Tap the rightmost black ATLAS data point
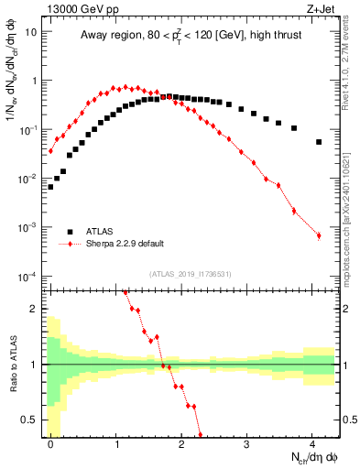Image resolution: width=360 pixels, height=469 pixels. [x=319, y=142]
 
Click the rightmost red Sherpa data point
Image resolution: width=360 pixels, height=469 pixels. [x=319, y=235]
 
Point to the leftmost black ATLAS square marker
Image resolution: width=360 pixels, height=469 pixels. [x=50, y=186]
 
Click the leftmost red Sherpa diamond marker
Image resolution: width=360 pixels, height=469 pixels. [x=50, y=151]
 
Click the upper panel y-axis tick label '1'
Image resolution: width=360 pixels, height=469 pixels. [x=35, y=81]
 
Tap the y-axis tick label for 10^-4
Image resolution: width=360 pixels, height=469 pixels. [x=28, y=277]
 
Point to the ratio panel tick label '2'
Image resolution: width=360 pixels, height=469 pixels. [x=35, y=309]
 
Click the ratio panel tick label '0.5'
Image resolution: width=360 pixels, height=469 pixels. [x=30, y=420]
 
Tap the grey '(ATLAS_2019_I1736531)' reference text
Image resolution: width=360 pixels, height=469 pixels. [x=191, y=274]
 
